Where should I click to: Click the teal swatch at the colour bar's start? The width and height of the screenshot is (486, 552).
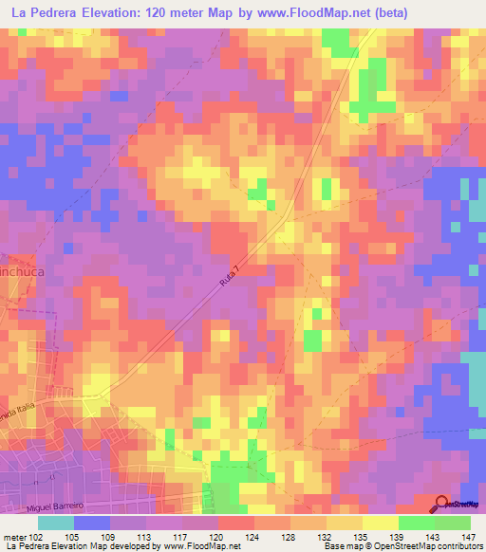pyautogui.click(x=56, y=522)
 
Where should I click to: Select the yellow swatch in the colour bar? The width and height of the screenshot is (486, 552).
pyautogui.click(x=381, y=522)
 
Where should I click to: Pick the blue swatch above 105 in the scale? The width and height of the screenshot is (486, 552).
pyautogui.click(x=92, y=522)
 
